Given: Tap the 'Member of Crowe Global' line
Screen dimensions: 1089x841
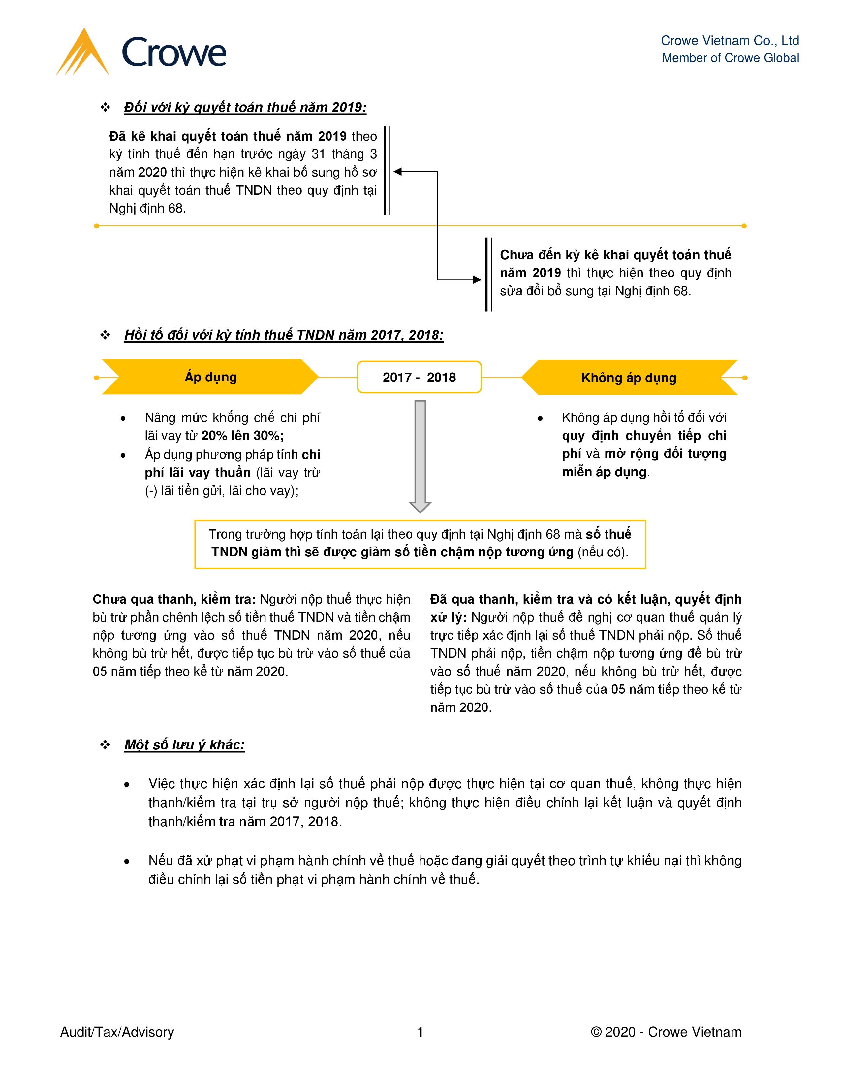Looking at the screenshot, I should (730, 58).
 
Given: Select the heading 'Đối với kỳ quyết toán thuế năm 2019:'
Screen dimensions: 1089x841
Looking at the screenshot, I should (245, 107).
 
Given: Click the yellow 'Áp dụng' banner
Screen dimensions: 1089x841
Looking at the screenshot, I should (210, 377).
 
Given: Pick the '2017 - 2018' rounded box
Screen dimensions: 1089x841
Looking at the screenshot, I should (419, 377).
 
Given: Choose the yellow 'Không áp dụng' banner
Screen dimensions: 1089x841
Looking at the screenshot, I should (629, 378).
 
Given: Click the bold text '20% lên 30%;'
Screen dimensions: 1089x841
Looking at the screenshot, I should (243, 436).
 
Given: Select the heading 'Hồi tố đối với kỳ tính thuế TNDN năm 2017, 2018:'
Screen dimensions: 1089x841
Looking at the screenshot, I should (284, 335).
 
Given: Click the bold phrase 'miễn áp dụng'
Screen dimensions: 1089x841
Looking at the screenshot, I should (604, 472).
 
